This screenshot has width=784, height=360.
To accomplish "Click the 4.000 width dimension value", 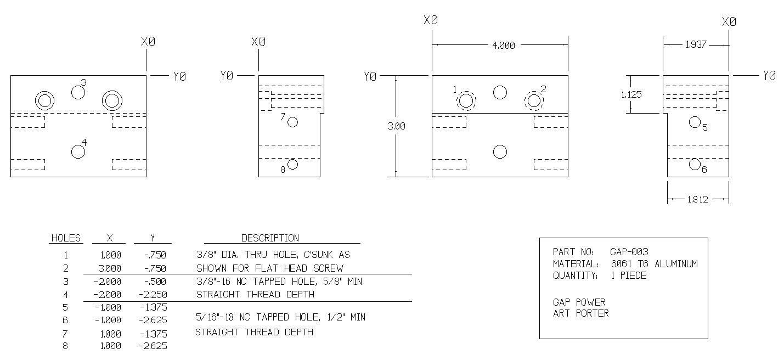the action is tap(504, 46).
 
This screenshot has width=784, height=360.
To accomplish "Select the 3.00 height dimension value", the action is tap(396, 126).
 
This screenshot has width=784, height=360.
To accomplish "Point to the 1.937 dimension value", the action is tap(696, 45).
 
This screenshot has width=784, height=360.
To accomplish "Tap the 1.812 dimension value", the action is tap(698, 200).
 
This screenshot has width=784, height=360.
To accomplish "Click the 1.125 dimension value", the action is tap(631, 94).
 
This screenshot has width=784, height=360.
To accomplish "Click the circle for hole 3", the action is tap(78, 92).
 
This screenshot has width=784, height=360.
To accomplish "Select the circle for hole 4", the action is tap(78, 151).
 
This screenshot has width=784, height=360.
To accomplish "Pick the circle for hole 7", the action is tap(292, 122).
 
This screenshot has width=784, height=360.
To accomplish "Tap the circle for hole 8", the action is tap(292, 164).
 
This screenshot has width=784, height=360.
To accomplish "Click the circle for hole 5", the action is tap(695, 122).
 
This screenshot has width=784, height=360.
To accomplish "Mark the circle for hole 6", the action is tap(695, 164).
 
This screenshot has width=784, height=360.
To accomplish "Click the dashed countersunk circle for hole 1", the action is tap(456, 101).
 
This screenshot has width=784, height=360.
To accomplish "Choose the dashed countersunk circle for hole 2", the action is tap(524, 101).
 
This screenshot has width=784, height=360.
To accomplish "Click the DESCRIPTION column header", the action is tap(270, 239).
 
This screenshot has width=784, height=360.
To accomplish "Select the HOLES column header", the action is tap(66, 239).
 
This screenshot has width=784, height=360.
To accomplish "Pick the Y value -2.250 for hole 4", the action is tap(153, 295).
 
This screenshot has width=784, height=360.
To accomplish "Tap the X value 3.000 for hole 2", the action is tap(110, 268).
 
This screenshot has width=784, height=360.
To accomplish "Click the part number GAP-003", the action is tap(629, 252).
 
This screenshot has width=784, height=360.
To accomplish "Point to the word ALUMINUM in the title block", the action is tap(676, 264).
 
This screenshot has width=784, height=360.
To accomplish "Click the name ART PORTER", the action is tap(581, 313).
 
